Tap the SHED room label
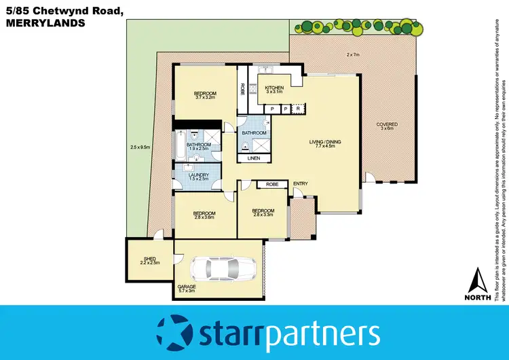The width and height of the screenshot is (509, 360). click(150, 258)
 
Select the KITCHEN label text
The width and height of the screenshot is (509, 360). click(274, 88)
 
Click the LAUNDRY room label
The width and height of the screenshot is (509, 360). click(198, 175)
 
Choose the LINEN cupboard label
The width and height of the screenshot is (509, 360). click(254, 158)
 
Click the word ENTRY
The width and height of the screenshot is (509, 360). click(301, 184)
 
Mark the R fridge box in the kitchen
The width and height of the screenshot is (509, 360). click(297, 108)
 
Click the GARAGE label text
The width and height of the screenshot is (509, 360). click(187, 287)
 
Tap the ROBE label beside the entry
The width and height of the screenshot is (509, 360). click(272, 184)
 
